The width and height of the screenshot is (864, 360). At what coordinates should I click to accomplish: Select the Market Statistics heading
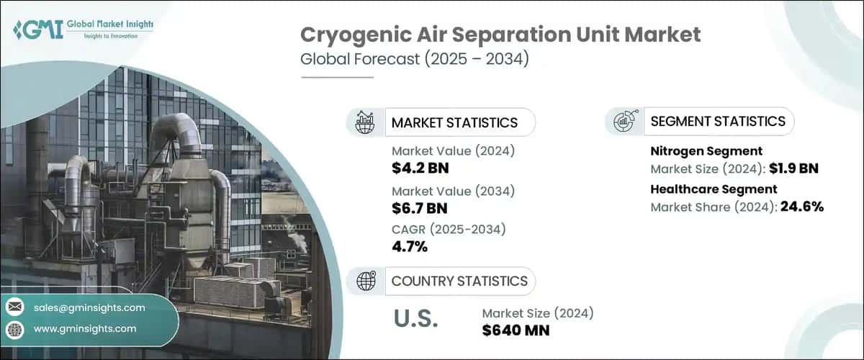(x=454, y=122)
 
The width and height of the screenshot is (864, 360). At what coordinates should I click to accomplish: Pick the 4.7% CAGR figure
(x=410, y=247)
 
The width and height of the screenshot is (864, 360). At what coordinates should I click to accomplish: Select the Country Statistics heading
(x=459, y=281)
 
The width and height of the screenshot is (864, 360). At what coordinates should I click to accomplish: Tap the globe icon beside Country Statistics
(x=365, y=281)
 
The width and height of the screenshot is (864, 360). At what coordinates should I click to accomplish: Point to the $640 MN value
(x=515, y=330)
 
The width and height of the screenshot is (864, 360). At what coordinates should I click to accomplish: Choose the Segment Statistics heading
(x=717, y=121)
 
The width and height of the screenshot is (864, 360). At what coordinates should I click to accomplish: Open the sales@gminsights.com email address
(x=89, y=307)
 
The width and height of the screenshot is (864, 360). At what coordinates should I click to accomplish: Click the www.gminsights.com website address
(x=84, y=328)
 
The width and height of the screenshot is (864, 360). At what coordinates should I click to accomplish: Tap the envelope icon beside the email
(x=15, y=307)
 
